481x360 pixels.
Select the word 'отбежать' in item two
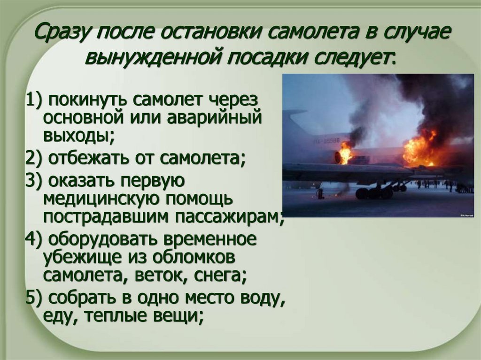[89, 158]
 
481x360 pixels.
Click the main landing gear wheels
[374, 192]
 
